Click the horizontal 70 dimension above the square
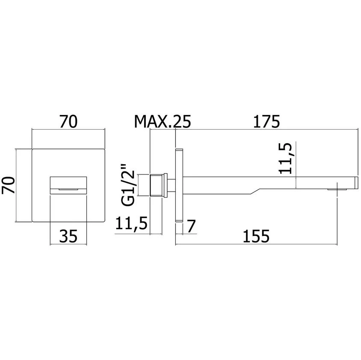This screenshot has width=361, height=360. pos(68,121)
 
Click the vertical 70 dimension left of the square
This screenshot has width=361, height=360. pos(8,185)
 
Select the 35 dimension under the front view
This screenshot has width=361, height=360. pos(68,236)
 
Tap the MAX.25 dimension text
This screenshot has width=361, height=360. pos(162,121)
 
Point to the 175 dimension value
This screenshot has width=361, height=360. pos(266,121)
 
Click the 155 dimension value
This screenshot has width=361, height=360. pos(256,236)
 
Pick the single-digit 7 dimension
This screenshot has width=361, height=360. pos(191,226)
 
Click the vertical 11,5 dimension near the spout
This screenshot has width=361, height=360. pos(285,158)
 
